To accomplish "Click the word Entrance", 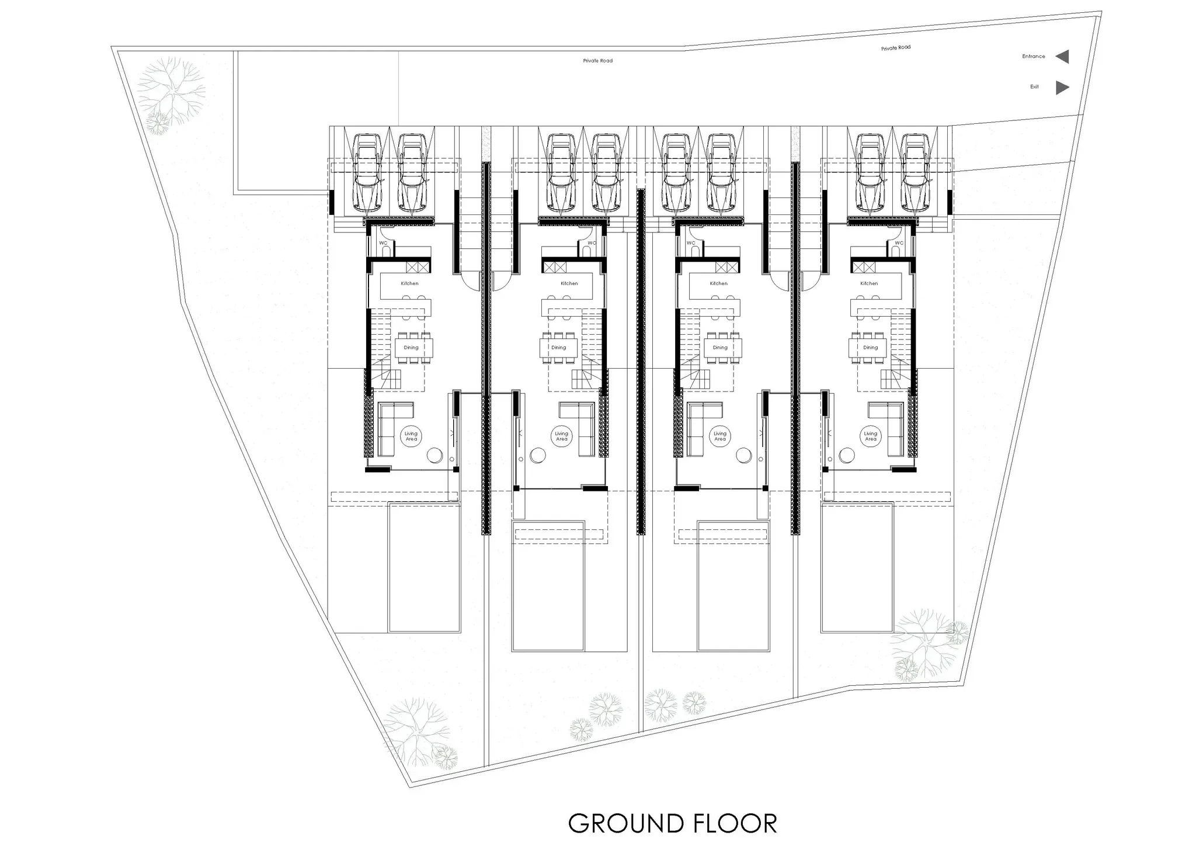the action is click(x=1033, y=57).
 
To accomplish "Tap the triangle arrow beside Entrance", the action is click(x=1063, y=57).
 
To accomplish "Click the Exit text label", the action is click(x=1034, y=87).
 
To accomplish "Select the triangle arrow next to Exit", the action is click(x=1062, y=88).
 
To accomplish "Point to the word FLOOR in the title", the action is click(x=735, y=824).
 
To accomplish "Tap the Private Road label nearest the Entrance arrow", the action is click(x=896, y=48).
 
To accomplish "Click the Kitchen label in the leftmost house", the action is click(x=409, y=283).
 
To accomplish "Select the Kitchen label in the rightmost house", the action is click(x=869, y=283).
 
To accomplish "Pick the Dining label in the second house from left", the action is click(x=559, y=348).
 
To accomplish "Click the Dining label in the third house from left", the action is click(x=720, y=348).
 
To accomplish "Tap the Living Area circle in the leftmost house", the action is click(x=411, y=436).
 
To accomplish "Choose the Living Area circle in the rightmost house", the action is click(x=871, y=436).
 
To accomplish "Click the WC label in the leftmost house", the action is click(x=383, y=243).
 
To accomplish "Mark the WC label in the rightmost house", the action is click(x=899, y=243).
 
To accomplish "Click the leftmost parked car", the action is click(x=367, y=173).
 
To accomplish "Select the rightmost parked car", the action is click(x=915, y=173).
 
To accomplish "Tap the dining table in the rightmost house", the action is click(x=870, y=348).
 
